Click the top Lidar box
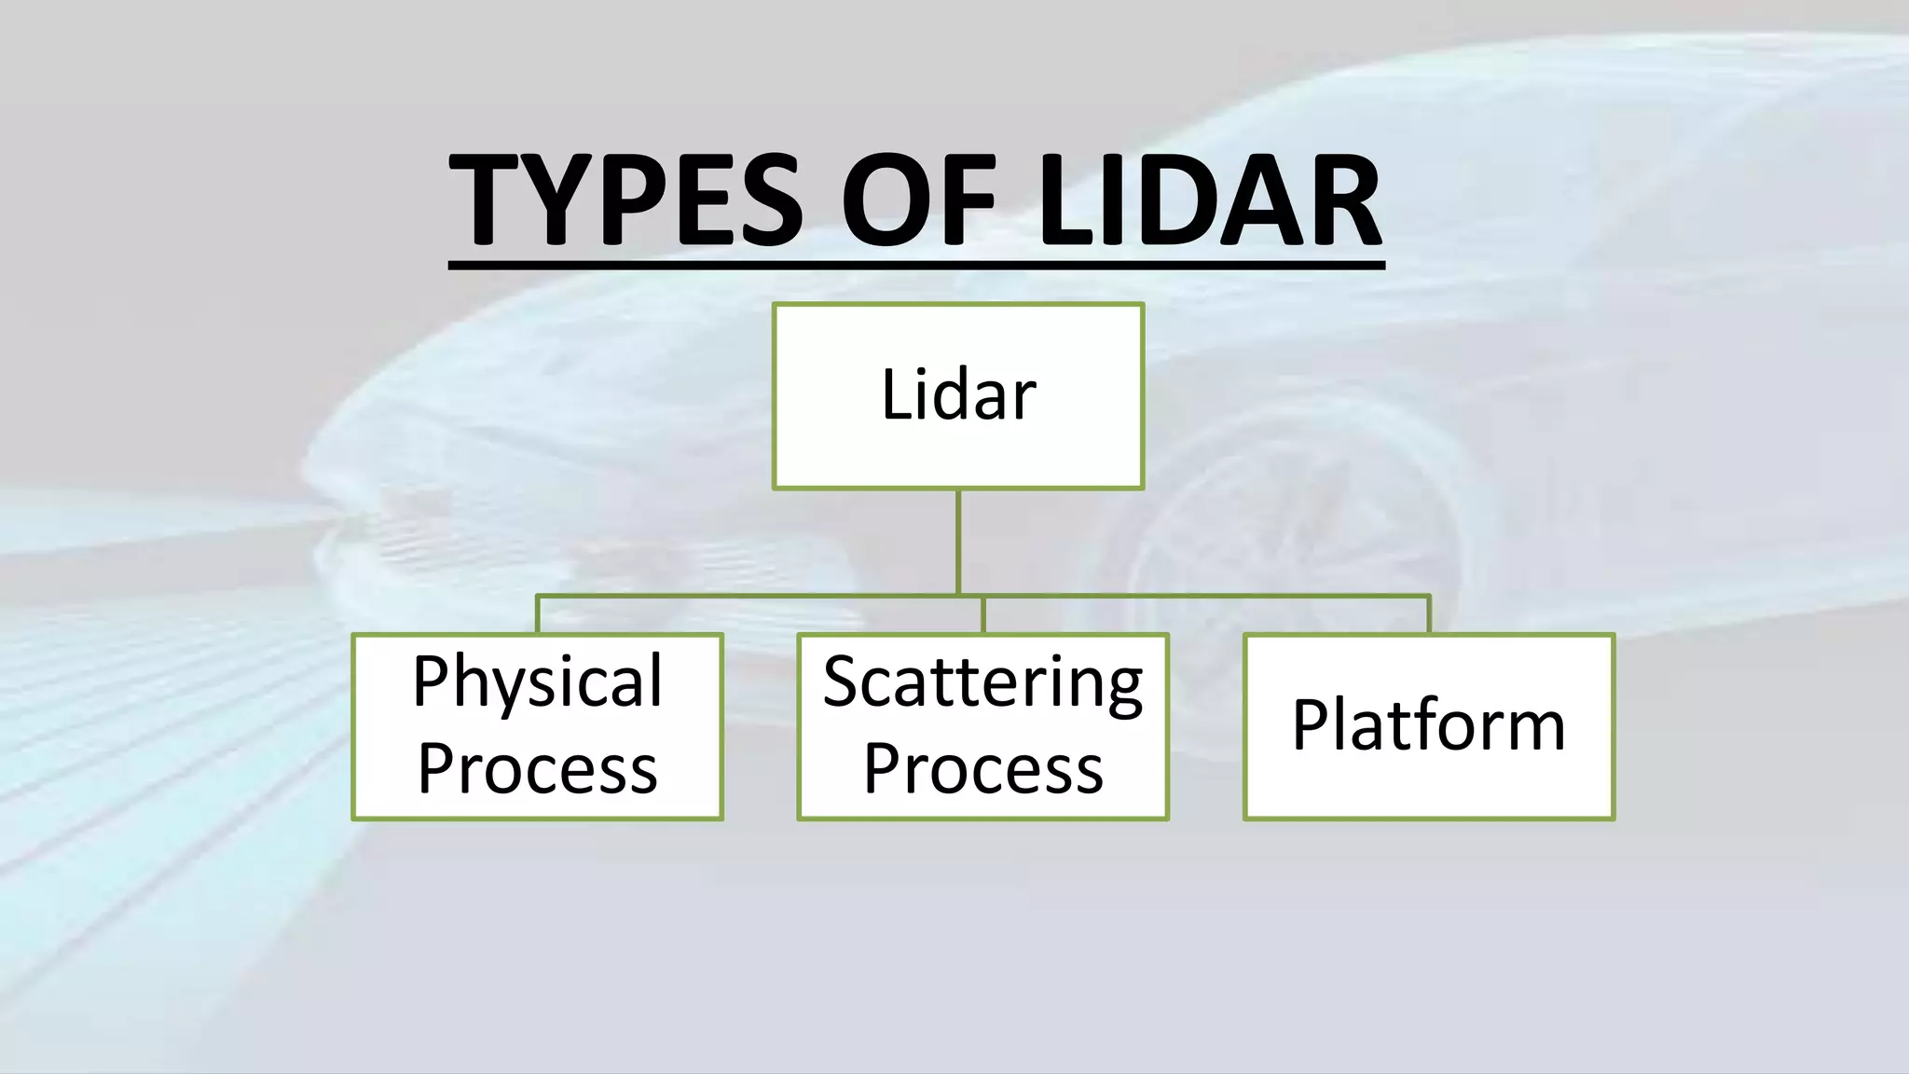point(957,395)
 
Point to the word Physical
point(538,682)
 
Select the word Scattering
point(982,682)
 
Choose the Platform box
point(1428,726)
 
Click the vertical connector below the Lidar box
point(958,541)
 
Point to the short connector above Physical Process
point(538,614)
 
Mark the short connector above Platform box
point(1428,614)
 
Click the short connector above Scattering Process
point(983,614)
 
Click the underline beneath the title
point(916,266)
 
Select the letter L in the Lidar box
point(895,395)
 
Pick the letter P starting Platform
point(1311,725)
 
